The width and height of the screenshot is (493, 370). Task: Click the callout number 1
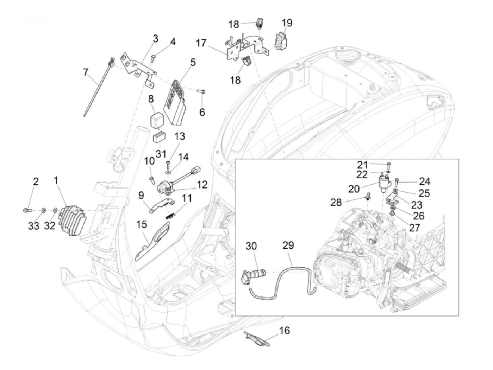coord(56,181)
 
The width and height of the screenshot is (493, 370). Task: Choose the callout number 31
coord(161,154)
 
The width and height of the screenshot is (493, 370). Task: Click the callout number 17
coord(201,43)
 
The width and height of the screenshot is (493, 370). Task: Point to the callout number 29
coord(288,245)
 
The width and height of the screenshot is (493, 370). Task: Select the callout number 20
coord(354,189)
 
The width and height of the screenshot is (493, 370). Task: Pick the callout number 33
coord(34,225)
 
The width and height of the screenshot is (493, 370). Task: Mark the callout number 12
coord(202,184)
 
